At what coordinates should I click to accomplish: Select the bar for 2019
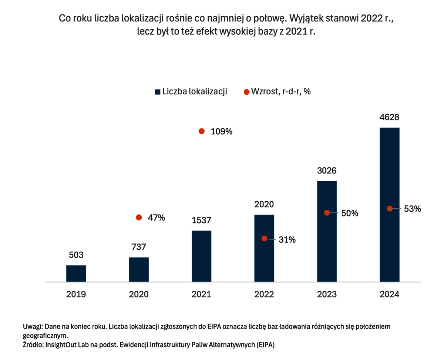point(76,273)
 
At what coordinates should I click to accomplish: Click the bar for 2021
point(201,256)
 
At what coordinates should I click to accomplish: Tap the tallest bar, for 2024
point(389,204)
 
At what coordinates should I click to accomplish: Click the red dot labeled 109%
point(201,131)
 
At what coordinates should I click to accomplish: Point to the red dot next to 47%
point(139,218)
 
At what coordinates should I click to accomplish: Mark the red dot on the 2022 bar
point(264,238)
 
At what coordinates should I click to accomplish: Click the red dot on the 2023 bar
point(327,212)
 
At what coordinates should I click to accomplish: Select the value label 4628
point(389,117)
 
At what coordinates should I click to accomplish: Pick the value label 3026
point(326,171)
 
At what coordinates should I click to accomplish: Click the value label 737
point(138,247)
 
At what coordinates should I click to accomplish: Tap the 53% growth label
point(412,209)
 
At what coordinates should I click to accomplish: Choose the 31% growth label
point(287,239)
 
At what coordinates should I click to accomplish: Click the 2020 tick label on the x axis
point(139,294)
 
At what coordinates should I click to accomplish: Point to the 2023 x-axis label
point(327,294)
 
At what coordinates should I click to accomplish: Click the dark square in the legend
point(157,92)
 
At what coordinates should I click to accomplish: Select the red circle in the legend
point(246,92)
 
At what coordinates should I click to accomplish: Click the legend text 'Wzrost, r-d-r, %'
point(280,91)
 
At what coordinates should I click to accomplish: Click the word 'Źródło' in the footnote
point(33,344)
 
